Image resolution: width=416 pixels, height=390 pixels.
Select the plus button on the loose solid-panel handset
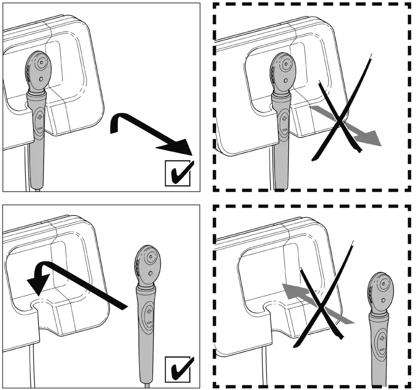click(149, 311)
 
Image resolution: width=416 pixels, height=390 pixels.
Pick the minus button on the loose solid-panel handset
click(149, 322)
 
